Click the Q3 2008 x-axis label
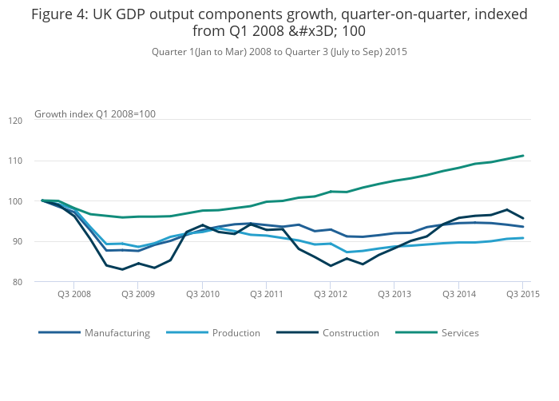point(73,295)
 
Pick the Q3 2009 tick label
point(137,295)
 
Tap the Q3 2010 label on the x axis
point(202,295)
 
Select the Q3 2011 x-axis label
point(266,295)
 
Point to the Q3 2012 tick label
point(331,295)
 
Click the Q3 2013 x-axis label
point(394,295)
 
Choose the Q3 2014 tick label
point(458,295)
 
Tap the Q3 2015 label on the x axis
point(523,295)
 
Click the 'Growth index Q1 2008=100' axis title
point(95,114)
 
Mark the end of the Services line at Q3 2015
point(523,156)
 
